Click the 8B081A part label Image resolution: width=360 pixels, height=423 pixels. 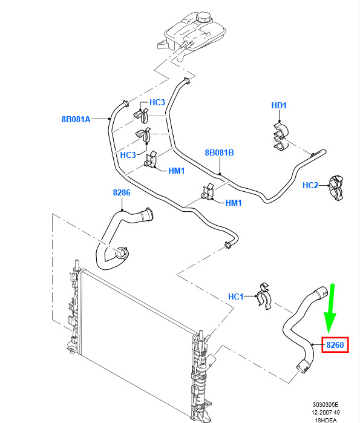pyautogui.click(x=76, y=119)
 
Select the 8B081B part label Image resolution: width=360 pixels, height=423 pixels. pyautogui.click(x=219, y=152)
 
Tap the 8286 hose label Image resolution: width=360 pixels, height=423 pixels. pyautogui.click(x=122, y=192)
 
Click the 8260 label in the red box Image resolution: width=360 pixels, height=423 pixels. pyautogui.click(x=335, y=345)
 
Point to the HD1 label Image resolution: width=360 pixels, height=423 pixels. pyautogui.click(x=279, y=105)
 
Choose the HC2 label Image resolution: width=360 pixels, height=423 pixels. pyautogui.click(x=310, y=185)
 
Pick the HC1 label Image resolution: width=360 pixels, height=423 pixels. pyautogui.click(x=236, y=297)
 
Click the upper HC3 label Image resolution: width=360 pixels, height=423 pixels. pyautogui.click(x=157, y=102)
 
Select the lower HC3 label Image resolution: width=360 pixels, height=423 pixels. pyautogui.click(x=128, y=155)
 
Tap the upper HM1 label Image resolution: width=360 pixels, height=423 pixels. pyautogui.click(x=176, y=171)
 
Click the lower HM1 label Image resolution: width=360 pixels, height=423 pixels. pyautogui.click(x=234, y=203)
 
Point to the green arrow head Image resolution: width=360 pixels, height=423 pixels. pyautogui.click(x=330, y=323)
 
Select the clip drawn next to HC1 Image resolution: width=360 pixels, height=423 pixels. pyautogui.click(x=264, y=296)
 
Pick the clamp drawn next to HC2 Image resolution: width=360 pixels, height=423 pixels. pyautogui.click(x=336, y=188)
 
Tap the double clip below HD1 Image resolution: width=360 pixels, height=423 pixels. pyautogui.click(x=281, y=136)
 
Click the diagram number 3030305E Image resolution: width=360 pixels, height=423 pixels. pyautogui.click(x=326, y=405)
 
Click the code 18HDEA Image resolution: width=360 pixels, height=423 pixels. pyautogui.click(x=326, y=421)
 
